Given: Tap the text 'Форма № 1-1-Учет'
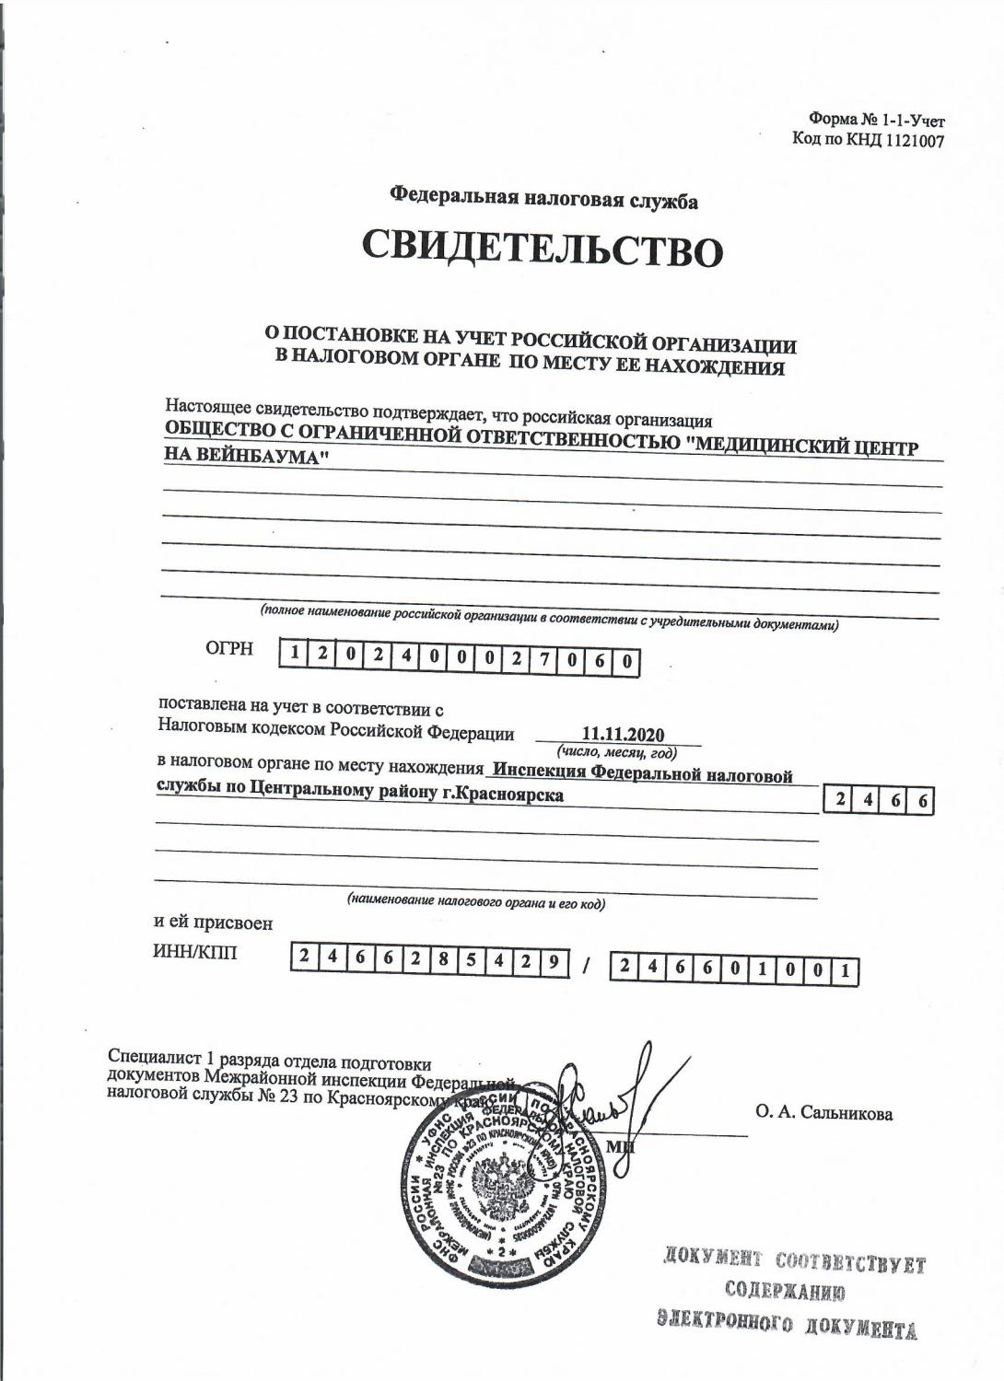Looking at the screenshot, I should coord(877,120).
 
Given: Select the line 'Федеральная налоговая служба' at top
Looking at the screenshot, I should coord(543,197).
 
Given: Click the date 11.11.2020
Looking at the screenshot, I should coord(624,734).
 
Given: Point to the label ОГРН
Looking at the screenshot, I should coord(229,649).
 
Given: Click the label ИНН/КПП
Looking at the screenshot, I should coord(194,953).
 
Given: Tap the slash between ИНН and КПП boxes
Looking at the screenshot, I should coord(587,965).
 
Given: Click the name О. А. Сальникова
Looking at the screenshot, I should coord(823,1113).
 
